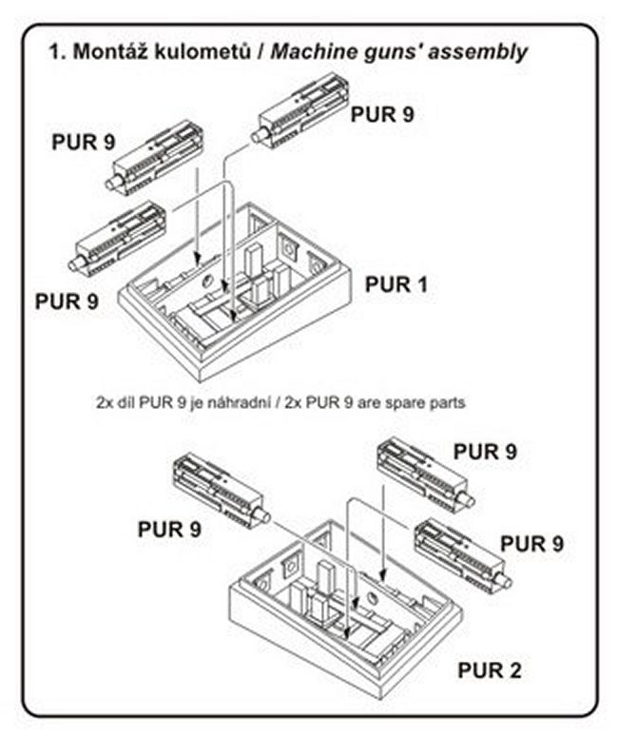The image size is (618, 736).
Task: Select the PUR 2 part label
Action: click(489, 669)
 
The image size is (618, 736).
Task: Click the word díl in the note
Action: click(126, 402)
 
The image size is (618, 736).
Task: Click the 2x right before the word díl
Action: click(105, 402)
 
